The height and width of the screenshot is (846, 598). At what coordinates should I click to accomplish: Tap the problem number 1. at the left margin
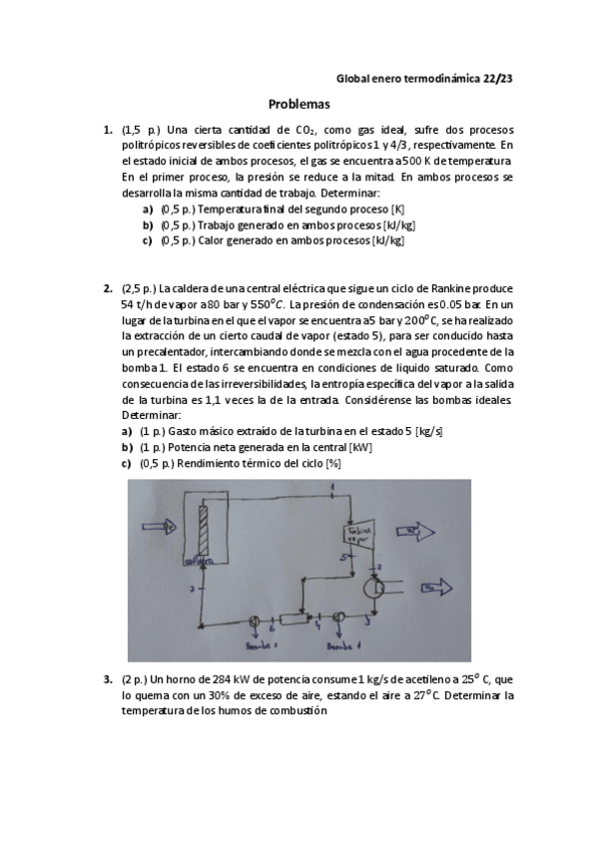coord(108,130)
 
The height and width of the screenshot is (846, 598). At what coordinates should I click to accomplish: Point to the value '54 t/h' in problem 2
coord(137,304)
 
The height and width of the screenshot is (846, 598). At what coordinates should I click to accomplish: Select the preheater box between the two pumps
coord(296,620)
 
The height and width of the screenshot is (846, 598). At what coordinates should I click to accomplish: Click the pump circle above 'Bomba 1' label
coord(339,619)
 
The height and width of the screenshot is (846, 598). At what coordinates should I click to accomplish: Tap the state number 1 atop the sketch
coord(330,486)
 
